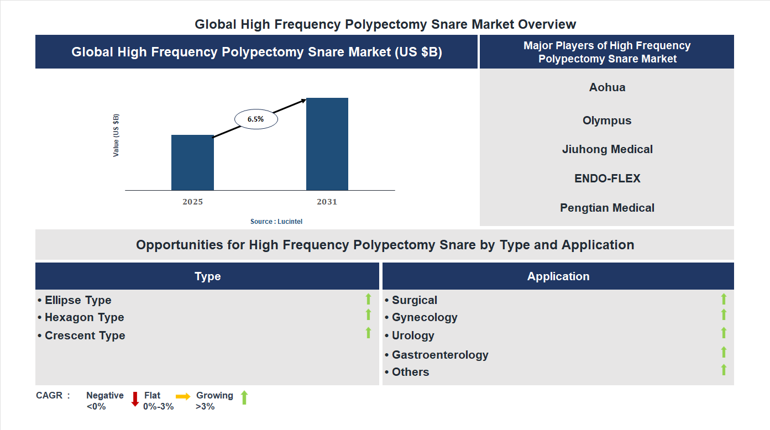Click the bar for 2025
pos(192,162)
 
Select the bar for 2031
pos(327,144)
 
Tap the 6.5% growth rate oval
pos(256,119)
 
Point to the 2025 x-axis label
pos(192,202)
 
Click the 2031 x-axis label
pos(327,202)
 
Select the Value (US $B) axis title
pos(116,135)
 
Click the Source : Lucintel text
pos(276,222)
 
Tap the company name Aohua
pos(607,87)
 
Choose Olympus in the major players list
pos(607,120)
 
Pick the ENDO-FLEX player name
pos(607,179)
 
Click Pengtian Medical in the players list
pos(607,208)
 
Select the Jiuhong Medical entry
pos(607,149)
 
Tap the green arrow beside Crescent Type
pos(368,333)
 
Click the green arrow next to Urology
pos(724,333)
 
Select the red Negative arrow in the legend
pos(135,398)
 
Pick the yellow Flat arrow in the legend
pos(183,396)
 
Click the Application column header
pos(558,276)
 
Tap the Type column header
pos(207,276)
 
